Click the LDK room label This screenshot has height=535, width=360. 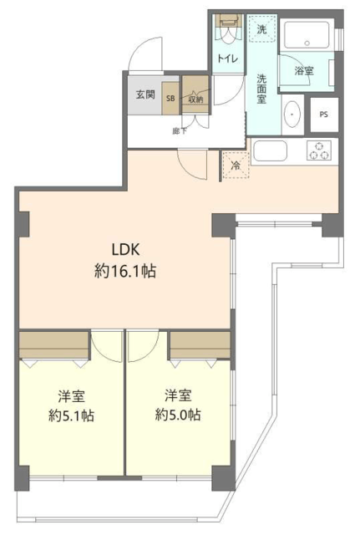(126, 250)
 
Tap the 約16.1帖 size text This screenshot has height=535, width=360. (125, 272)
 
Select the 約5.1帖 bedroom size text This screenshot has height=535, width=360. (71, 416)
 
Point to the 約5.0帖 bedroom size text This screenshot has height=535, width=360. (178, 415)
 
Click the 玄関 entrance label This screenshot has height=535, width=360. (145, 94)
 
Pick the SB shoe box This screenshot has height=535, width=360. (170, 99)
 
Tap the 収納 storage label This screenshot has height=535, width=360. (195, 99)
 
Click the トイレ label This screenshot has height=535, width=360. (228, 59)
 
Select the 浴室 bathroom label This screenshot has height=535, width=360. (304, 70)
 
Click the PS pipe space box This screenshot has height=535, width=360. (324, 115)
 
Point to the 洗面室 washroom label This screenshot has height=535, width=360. (261, 89)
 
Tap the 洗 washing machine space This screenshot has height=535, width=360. (261, 28)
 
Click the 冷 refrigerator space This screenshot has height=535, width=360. (236, 166)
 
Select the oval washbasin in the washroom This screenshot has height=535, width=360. (292, 115)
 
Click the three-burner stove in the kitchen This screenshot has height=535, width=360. (319, 150)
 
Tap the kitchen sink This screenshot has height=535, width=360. (271, 150)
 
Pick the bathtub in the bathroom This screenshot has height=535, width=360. (307, 34)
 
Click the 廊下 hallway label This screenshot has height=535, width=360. (180, 130)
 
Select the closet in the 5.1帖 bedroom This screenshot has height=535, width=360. (53, 345)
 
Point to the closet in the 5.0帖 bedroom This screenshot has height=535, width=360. (200, 345)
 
